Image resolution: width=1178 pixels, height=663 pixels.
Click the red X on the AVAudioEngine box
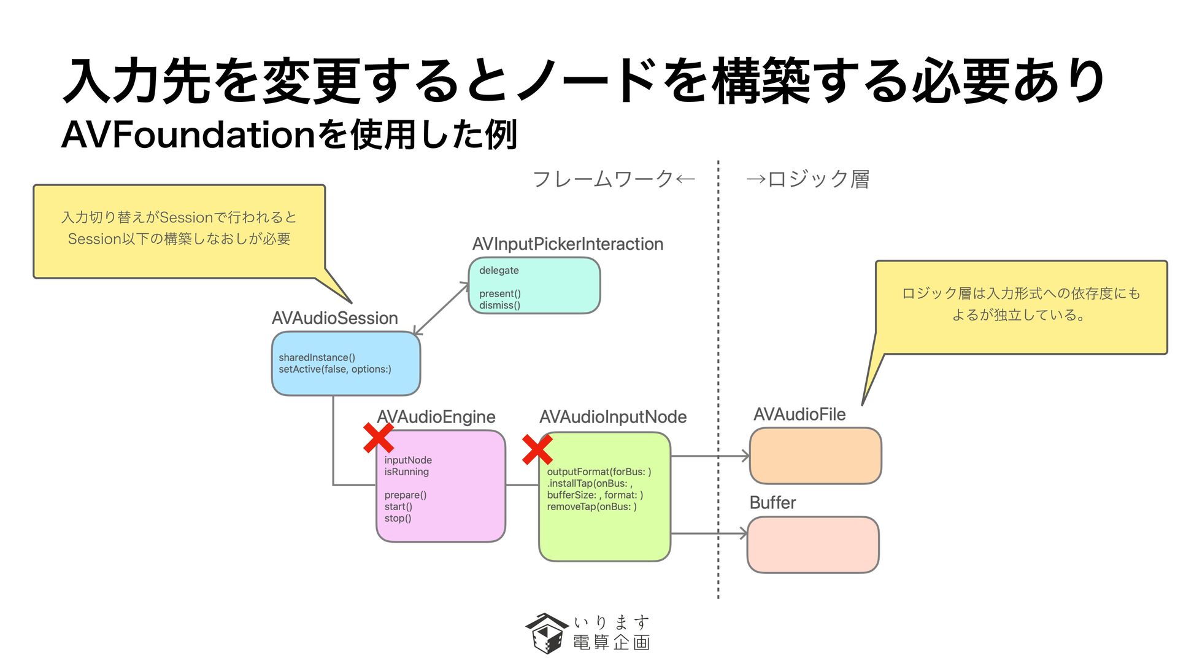378,438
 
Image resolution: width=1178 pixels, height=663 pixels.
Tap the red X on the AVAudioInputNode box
537,450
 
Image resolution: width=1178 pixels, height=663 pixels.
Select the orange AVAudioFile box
815,456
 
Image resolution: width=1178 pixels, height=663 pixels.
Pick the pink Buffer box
813,545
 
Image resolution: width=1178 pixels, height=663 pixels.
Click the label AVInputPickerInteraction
568,244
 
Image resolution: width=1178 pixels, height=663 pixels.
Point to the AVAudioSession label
335,318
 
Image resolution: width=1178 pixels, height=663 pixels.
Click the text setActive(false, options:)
335,369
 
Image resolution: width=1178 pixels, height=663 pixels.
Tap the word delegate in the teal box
499,270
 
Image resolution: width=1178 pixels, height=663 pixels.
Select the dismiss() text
499,305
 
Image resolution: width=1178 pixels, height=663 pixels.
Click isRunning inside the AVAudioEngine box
407,471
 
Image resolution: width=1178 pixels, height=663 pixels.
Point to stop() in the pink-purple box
398,518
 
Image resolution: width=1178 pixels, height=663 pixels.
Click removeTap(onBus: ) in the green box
592,506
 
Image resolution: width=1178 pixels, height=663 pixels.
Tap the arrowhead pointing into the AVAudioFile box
745,456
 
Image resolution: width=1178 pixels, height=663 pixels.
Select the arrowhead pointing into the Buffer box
743,533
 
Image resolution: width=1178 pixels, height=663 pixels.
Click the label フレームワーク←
614,179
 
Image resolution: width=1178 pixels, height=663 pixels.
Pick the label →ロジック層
807,179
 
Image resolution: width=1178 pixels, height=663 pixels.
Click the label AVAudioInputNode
613,417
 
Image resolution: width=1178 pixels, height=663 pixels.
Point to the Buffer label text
772,503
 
